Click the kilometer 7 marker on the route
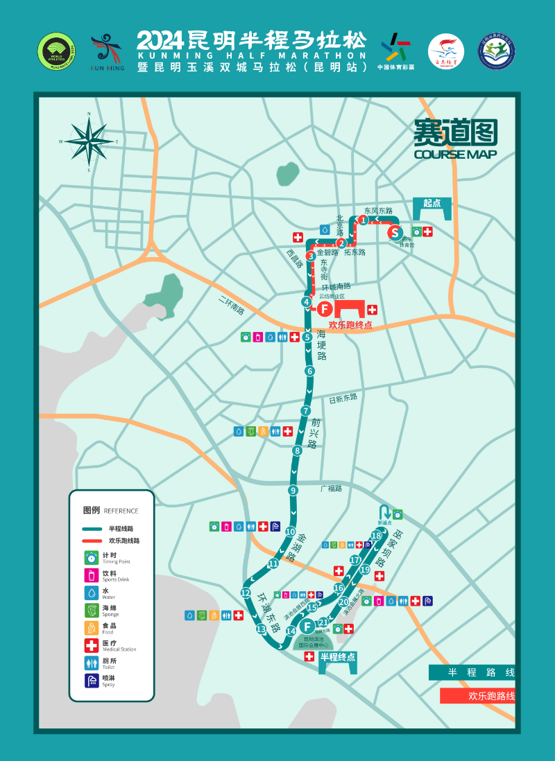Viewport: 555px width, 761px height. pyautogui.click(x=305, y=410)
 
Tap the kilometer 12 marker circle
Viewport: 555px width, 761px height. pyautogui.click(x=245, y=593)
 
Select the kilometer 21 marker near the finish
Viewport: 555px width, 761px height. pyautogui.click(x=323, y=622)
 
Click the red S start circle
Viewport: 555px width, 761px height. pyautogui.click(x=395, y=232)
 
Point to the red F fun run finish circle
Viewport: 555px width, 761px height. pyautogui.click(x=324, y=310)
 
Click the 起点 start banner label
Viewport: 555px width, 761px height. pyautogui.click(x=432, y=203)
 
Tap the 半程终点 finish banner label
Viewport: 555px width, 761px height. pyautogui.click(x=337, y=657)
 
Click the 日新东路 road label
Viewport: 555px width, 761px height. pyautogui.click(x=343, y=398)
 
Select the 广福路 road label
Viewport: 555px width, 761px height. pyautogui.click(x=332, y=488)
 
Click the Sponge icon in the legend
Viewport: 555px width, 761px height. pyautogui.click(x=91, y=610)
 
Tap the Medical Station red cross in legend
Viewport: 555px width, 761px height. pyautogui.click(x=91, y=646)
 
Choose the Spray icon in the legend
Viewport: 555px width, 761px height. pyautogui.click(x=91, y=681)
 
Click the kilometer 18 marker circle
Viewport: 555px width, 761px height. pyautogui.click(x=376, y=535)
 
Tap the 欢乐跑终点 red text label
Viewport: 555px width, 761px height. pyautogui.click(x=350, y=324)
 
